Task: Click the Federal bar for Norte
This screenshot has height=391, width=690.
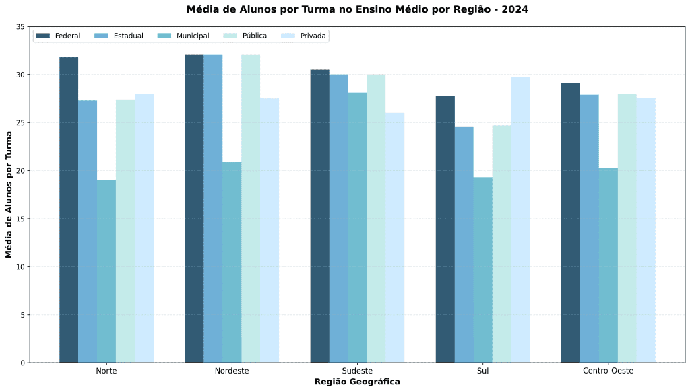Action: click(x=69, y=210)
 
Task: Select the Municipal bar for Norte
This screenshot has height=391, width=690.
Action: click(x=106, y=271)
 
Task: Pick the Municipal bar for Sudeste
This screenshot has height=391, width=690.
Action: click(x=357, y=227)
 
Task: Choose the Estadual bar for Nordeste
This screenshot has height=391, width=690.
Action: click(x=213, y=209)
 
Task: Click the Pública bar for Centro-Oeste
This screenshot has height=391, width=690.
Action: click(x=627, y=228)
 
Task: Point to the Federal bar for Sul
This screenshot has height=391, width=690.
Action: click(x=445, y=229)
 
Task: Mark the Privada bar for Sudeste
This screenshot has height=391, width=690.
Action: click(x=395, y=238)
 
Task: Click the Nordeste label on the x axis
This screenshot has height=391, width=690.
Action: click(x=232, y=371)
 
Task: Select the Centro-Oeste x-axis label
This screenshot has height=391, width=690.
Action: click(x=608, y=371)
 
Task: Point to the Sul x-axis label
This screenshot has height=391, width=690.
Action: click(x=482, y=371)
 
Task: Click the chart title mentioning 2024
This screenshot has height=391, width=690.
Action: click(x=357, y=9)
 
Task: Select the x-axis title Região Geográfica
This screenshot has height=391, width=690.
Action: click(x=357, y=382)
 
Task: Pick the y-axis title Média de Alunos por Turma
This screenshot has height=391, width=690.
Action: click(x=9, y=195)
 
